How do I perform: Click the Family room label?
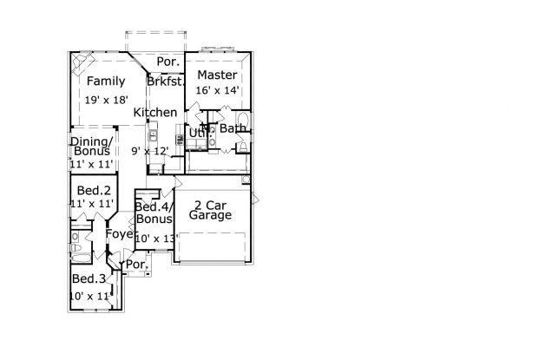click(105, 82)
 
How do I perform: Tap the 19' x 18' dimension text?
click(105, 101)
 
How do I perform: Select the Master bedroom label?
click(217, 75)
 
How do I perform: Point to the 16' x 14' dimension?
click(218, 89)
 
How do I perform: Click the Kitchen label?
click(155, 113)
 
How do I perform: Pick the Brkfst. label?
click(164, 82)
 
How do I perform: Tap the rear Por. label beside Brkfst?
click(167, 62)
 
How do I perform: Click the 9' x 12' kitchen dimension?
click(148, 151)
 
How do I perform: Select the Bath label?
click(233, 129)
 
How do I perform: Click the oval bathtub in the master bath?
click(242, 121)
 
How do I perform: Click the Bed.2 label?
click(94, 190)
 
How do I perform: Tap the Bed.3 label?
click(89, 278)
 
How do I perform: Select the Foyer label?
click(119, 234)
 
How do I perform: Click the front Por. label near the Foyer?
click(135, 264)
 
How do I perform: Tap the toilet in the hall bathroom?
click(75, 252)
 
